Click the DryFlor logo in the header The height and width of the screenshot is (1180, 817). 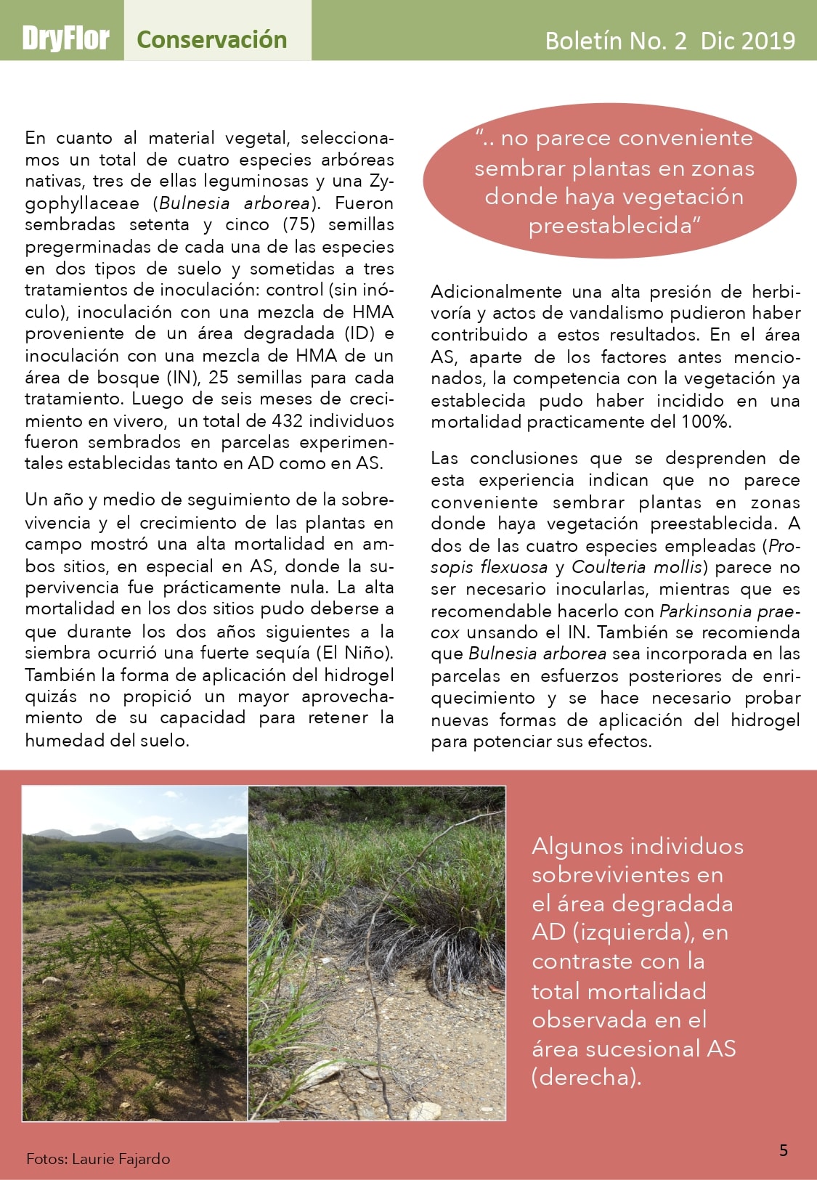(65, 38)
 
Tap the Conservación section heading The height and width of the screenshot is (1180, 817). (211, 39)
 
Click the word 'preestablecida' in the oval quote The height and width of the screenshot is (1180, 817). (610, 226)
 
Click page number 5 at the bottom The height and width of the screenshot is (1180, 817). (784, 1150)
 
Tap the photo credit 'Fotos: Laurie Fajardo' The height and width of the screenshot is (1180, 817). (98, 1159)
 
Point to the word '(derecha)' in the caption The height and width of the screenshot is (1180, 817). (587, 1076)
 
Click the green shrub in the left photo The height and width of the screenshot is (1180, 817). (145, 937)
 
